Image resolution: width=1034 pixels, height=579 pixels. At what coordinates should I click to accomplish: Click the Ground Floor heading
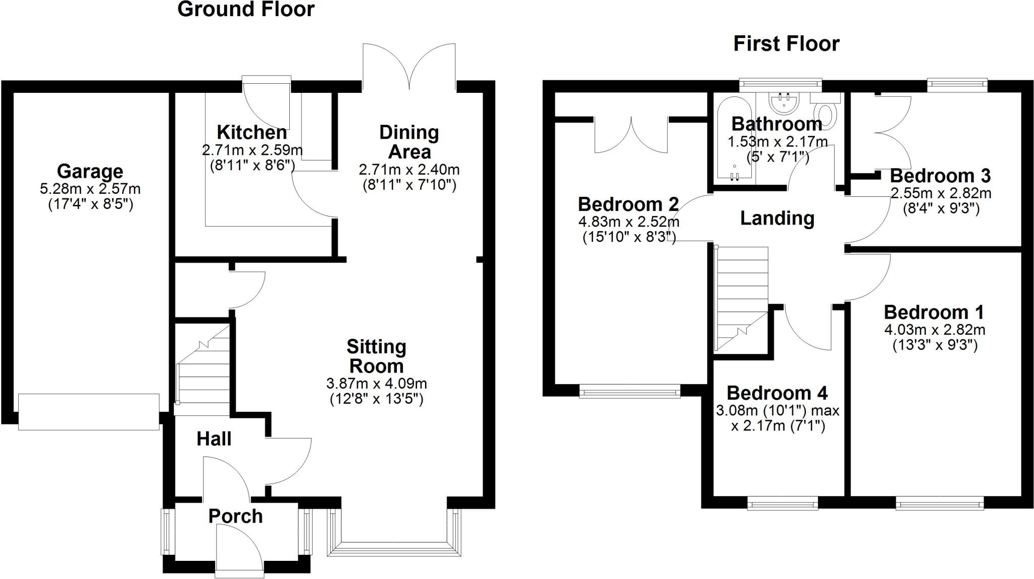[246, 9]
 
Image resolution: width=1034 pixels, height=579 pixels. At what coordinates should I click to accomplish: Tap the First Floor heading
[786, 43]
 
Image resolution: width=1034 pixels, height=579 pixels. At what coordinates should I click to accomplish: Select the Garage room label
[90, 171]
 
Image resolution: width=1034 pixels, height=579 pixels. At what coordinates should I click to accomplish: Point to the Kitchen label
[252, 132]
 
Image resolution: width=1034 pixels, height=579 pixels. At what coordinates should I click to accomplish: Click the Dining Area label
[409, 142]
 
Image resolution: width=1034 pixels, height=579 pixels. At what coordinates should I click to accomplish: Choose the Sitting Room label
[376, 356]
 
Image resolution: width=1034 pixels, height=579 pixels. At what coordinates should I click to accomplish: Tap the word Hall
[214, 439]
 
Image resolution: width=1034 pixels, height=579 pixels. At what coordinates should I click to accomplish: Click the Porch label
[236, 516]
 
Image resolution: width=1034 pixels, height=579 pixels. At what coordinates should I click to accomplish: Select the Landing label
[777, 218]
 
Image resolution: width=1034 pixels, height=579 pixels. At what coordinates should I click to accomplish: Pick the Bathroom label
[777, 124]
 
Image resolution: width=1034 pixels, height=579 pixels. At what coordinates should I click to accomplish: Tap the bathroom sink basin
[783, 102]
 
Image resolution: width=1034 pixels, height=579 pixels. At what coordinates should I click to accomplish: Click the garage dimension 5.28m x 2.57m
[90, 189]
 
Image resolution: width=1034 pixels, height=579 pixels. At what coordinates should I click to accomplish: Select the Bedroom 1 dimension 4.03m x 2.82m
[935, 330]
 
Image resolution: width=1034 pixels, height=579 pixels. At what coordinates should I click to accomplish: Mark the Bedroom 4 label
[777, 393]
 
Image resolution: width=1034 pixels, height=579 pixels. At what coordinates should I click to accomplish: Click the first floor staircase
[742, 299]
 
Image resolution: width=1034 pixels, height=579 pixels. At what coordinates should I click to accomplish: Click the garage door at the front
[89, 412]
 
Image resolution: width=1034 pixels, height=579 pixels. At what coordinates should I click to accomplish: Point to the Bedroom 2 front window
[630, 392]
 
